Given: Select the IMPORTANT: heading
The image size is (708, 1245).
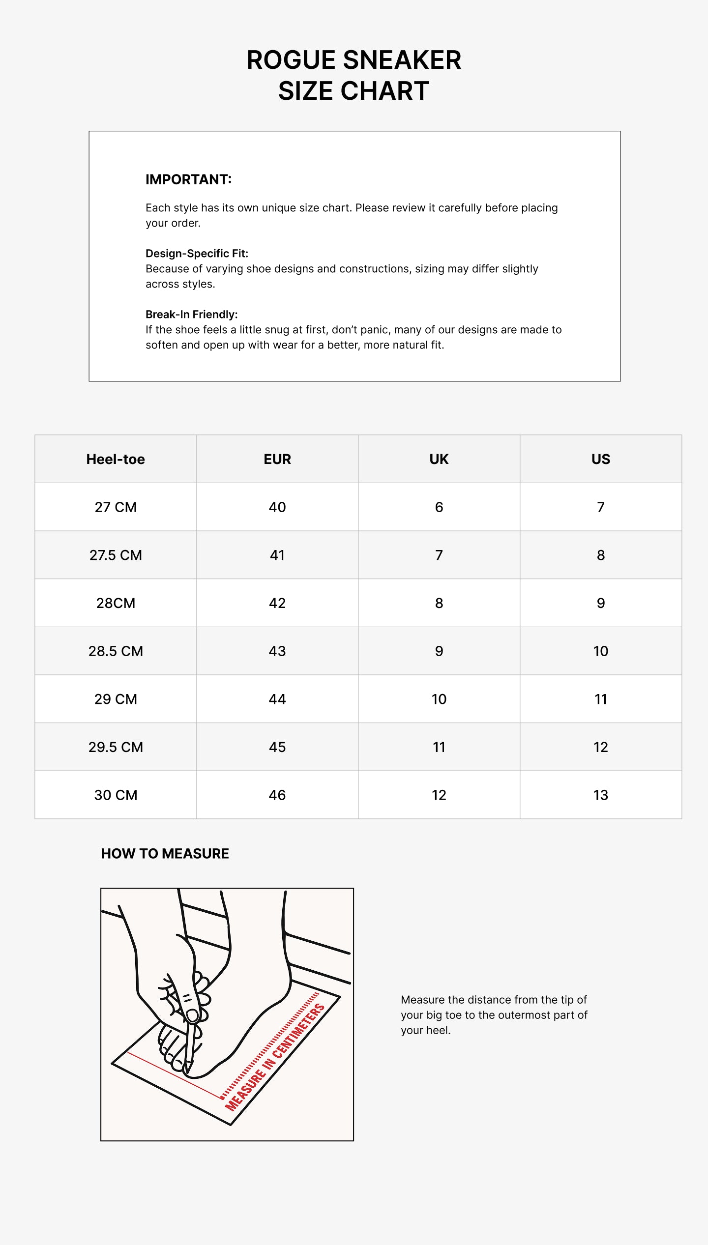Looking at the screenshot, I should click(x=188, y=179).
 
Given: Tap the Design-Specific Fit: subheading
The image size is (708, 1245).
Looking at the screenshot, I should click(x=197, y=254).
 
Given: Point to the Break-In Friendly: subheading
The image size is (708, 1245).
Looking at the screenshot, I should click(x=191, y=315).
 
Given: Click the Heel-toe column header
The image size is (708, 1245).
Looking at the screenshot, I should click(x=116, y=459).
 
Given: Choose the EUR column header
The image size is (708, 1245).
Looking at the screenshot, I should click(x=277, y=459).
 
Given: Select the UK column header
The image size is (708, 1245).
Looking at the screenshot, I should click(x=439, y=459).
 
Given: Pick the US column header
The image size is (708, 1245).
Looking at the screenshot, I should click(x=601, y=459).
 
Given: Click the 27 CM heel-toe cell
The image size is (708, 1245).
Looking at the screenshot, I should click(x=116, y=507).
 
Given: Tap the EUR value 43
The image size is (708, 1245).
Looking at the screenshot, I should click(x=277, y=651).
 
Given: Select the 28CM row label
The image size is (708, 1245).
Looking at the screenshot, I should click(x=116, y=603).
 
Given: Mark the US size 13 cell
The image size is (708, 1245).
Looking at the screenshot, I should click(x=601, y=795).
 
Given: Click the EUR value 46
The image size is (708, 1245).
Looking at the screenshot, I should click(x=277, y=795).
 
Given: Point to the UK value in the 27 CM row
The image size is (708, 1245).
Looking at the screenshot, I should click(x=439, y=507).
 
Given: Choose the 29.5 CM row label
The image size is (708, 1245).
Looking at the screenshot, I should click(x=116, y=747).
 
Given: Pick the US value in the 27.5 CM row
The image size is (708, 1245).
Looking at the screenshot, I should click(x=601, y=555).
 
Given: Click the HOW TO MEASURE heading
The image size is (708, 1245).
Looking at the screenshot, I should click(x=165, y=854).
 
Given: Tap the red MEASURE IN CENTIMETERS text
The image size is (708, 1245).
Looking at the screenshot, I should click(x=275, y=1057).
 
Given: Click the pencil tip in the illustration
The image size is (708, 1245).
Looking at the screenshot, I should click(x=187, y=1072).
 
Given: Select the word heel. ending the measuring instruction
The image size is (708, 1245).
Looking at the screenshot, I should click(x=439, y=1030).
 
